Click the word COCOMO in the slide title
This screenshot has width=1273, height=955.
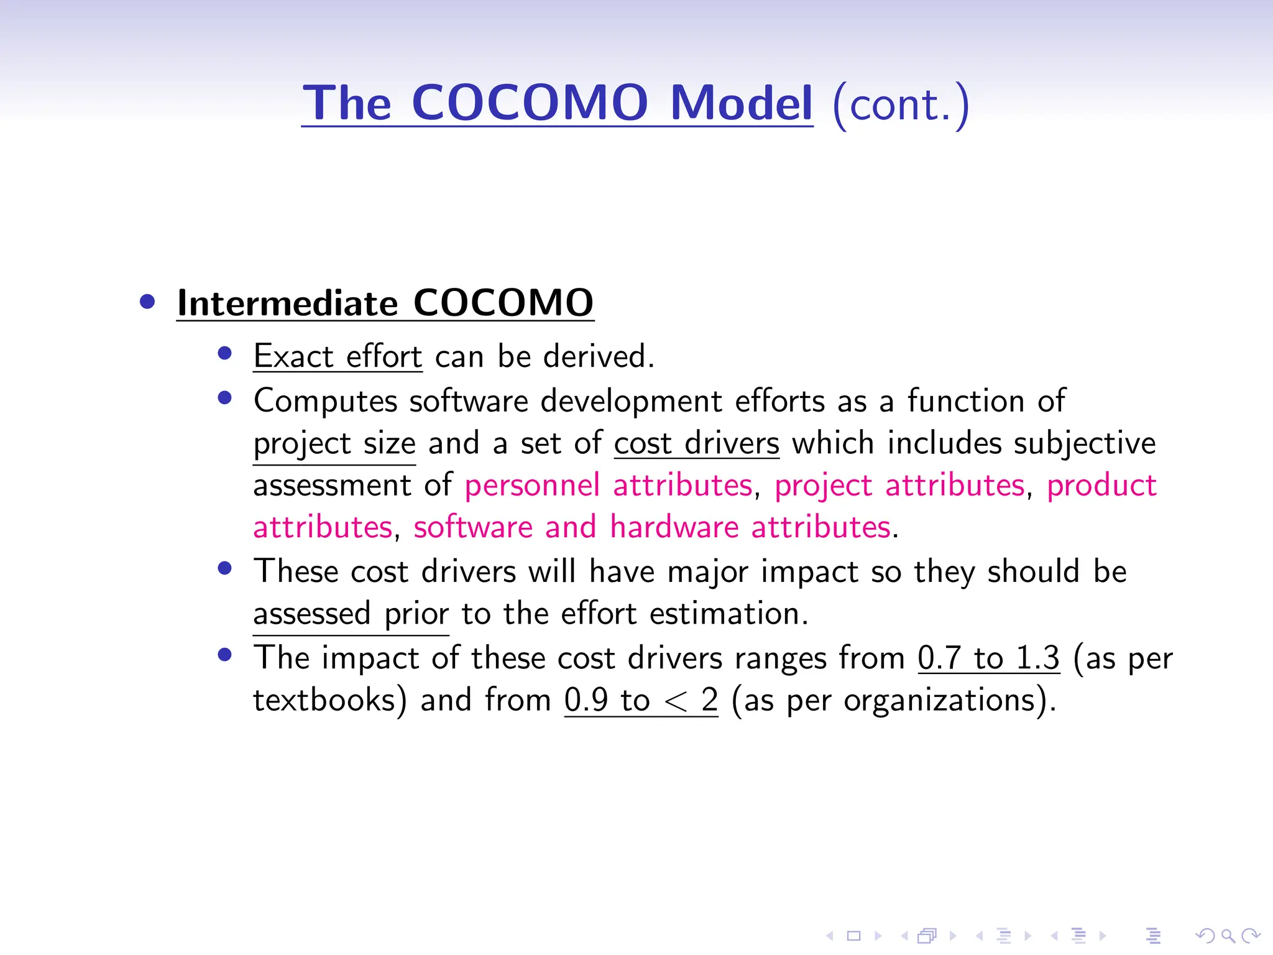click(530, 103)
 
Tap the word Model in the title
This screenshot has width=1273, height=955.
click(741, 103)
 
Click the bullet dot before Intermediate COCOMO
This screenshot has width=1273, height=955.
click(147, 302)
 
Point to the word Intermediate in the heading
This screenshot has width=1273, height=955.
click(287, 303)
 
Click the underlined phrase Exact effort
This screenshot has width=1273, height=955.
click(338, 357)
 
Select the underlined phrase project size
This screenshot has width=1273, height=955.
click(334, 444)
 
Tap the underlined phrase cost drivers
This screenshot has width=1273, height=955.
click(696, 444)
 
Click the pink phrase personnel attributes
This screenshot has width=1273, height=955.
click(609, 486)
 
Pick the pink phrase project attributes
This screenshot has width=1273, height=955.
click(899, 486)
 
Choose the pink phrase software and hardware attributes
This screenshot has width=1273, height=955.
click(652, 527)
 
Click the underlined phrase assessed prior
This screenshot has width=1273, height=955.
click(351, 614)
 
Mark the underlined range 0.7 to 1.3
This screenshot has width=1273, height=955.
click(988, 658)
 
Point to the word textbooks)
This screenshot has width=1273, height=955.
click(330, 700)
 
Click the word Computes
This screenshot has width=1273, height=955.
click(325, 401)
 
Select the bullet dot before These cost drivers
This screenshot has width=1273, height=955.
click(225, 568)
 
